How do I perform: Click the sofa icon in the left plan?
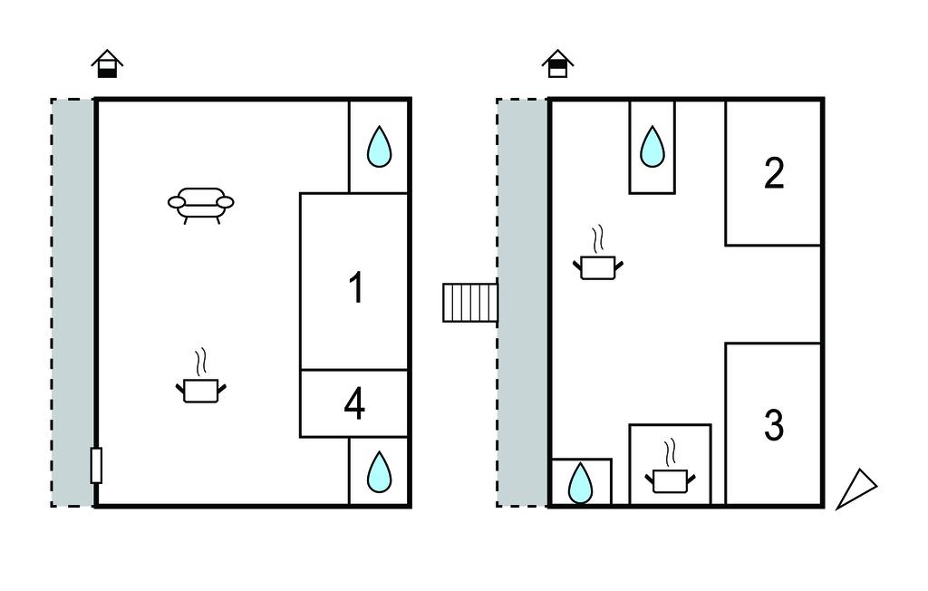tap(200, 203)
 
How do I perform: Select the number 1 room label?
tap(356, 288)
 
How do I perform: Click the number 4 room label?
tap(354, 404)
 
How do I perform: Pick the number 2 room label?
tap(773, 173)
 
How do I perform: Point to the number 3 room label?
tap(773, 425)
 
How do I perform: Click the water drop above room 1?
tap(379, 147)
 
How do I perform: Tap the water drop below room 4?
tap(379, 471)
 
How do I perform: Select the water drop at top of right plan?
tap(652, 147)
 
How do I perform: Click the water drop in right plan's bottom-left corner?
tap(580, 483)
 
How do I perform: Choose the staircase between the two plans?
tap(469, 303)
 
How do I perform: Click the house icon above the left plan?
tap(107, 63)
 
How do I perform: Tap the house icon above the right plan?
tap(558, 63)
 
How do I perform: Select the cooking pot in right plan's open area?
tap(598, 266)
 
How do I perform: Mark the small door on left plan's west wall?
tap(96, 465)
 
